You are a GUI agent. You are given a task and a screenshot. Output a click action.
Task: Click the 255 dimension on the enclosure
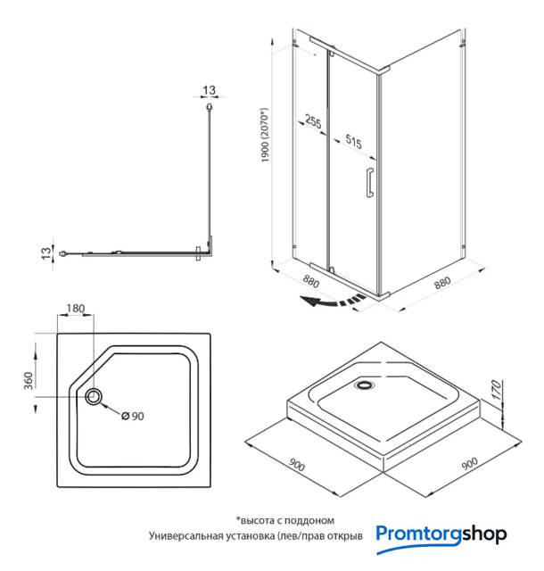click(x=313, y=121)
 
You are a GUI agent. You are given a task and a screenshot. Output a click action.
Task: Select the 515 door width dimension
click(x=353, y=141)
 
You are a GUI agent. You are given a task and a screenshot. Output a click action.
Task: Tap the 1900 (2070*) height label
click(x=265, y=135)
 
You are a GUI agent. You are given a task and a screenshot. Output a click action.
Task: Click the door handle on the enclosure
click(x=370, y=182)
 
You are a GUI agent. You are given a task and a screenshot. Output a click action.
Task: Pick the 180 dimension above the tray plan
click(x=76, y=309)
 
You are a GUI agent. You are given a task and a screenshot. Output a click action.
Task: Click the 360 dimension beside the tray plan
click(x=29, y=381)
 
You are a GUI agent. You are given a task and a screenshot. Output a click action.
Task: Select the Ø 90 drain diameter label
click(x=133, y=416)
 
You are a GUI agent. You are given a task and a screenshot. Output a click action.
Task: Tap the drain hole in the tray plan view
click(x=94, y=396)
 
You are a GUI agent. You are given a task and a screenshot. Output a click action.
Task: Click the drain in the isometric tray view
click(x=364, y=385)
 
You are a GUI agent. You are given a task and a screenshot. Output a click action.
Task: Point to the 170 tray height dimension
click(x=497, y=389)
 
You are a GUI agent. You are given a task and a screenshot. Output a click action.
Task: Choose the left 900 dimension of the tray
click(x=296, y=465)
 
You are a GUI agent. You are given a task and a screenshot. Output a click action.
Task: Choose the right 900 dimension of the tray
click(x=469, y=464)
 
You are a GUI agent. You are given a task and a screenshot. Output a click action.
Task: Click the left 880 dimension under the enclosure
click(x=311, y=281)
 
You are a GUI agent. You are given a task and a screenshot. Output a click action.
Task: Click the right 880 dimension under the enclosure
click(x=442, y=283)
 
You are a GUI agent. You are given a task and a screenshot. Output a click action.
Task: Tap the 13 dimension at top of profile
click(x=209, y=90)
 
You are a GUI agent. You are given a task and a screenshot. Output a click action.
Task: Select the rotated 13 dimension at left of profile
click(x=46, y=253)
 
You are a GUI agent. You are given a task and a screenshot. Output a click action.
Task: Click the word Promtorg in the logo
click(x=419, y=534)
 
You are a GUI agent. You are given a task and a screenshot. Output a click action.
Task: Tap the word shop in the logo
click(x=484, y=534)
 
